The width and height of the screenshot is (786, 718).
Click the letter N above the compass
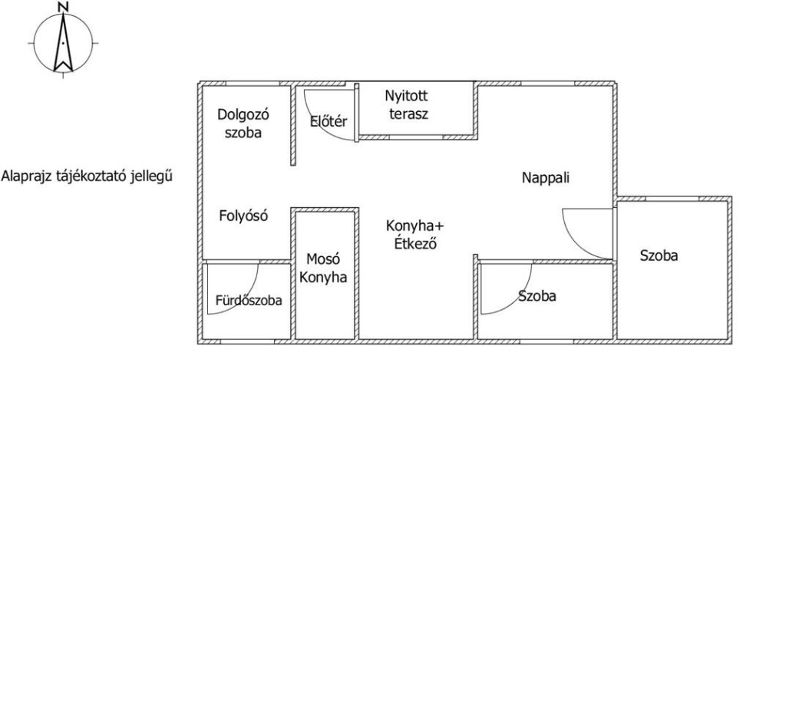[63, 6]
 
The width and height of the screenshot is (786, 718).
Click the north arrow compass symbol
[63, 44]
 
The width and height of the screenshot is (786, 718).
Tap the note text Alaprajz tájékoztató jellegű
[88, 176]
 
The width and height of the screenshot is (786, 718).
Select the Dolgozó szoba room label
[243, 124]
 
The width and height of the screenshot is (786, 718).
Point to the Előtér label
[329, 121]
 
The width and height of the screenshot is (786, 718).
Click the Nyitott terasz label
[407, 104]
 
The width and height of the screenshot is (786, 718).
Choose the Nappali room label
[546, 178]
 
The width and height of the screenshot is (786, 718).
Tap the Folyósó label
[243, 216]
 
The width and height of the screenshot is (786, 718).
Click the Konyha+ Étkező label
[414, 235]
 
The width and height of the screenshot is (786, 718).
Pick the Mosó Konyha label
[323, 268]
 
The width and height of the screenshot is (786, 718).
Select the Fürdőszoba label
[249, 300]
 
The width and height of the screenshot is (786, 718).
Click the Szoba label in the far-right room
[659, 255]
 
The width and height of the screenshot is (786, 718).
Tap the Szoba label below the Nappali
[537, 296]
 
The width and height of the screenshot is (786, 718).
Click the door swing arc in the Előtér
[319, 127]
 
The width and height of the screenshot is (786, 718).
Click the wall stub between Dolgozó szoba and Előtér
[293, 125]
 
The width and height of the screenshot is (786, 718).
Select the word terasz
[408, 114]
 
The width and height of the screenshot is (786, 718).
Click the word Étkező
[415, 243]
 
